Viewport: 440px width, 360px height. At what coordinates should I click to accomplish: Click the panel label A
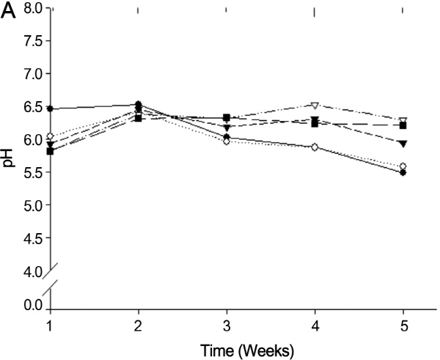tap(10, 13)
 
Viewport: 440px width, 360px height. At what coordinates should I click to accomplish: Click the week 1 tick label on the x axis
tap(50, 323)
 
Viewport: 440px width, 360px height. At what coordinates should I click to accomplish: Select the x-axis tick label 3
tap(226, 323)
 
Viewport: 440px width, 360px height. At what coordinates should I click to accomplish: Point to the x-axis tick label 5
tap(403, 323)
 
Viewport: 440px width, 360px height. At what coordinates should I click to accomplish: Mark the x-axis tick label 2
tap(138, 323)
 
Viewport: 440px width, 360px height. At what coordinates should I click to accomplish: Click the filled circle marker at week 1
tap(50, 109)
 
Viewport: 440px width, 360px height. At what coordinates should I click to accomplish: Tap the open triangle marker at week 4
tap(315, 106)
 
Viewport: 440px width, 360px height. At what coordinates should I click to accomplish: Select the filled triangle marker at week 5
tap(403, 143)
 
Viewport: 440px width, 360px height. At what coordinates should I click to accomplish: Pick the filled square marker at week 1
tap(50, 151)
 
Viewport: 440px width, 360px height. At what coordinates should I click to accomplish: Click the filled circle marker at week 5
tap(403, 172)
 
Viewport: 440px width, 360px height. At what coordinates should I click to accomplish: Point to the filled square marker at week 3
tap(226, 117)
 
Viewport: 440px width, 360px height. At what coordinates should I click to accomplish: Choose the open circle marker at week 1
tap(50, 136)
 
